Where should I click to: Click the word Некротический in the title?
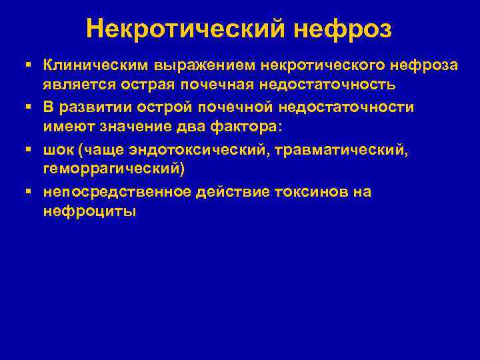177,28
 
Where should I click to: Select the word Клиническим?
96,65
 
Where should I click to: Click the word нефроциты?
89,213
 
